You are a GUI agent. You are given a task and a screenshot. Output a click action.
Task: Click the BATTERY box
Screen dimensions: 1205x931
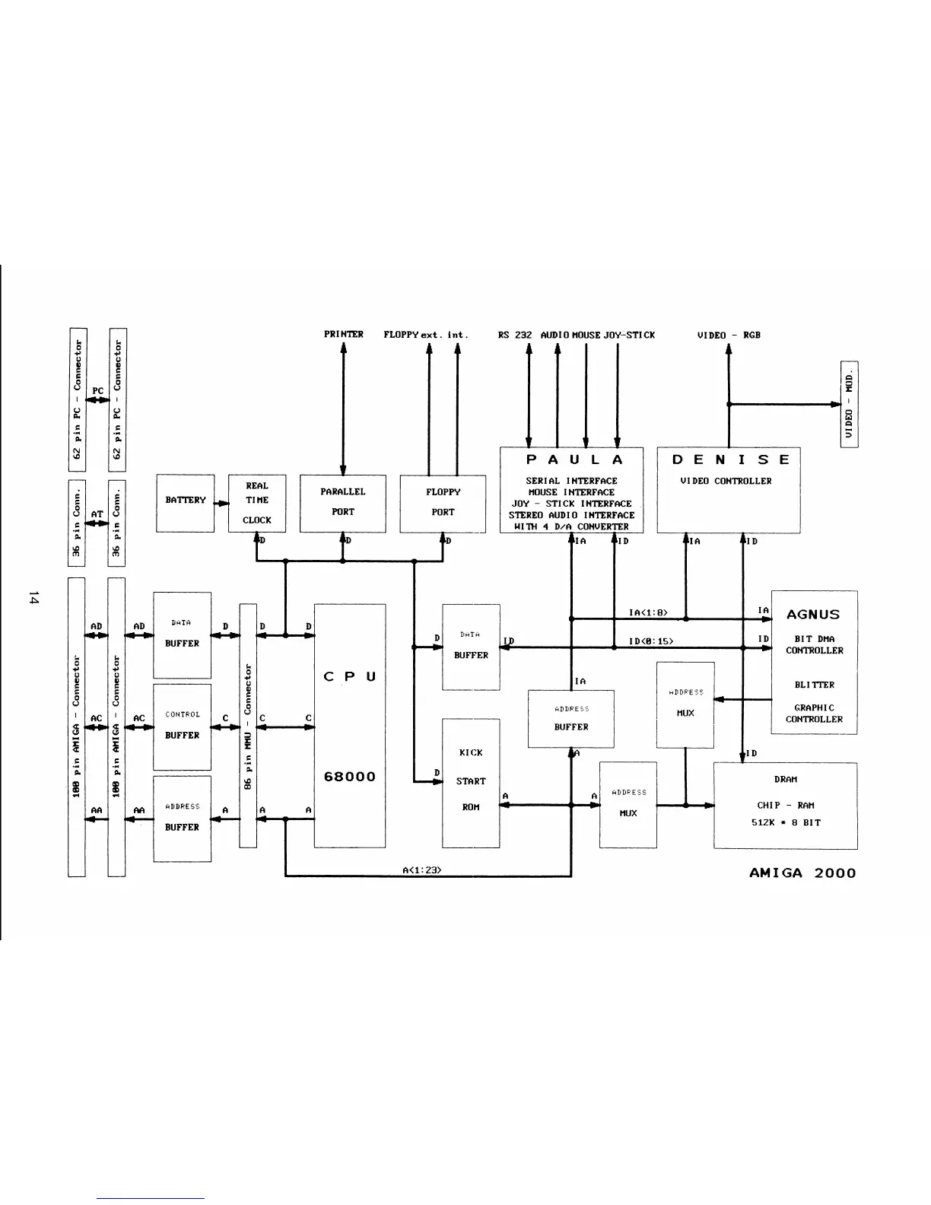[x=185, y=502]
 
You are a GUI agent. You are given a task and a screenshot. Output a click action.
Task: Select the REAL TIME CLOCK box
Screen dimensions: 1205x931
[x=256, y=502]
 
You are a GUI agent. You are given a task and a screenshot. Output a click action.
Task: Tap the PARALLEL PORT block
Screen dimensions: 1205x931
[x=342, y=503]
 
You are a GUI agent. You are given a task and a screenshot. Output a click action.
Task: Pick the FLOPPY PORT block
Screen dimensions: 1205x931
[x=443, y=503]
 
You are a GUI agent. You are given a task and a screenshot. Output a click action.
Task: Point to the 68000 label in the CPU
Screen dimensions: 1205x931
[x=349, y=777]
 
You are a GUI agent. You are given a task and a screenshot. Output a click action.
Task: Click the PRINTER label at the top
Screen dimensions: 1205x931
[x=343, y=335]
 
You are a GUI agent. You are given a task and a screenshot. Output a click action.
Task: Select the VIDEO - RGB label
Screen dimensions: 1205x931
[x=729, y=335]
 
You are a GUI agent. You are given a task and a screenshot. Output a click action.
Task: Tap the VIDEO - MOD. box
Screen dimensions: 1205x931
[x=849, y=404]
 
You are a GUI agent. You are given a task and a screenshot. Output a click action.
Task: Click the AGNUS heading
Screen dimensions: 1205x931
[x=813, y=614]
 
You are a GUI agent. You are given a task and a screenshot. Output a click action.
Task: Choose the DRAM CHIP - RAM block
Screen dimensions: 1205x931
[x=785, y=805]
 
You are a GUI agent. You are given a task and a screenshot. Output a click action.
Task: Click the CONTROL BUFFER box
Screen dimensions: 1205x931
[x=182, y=726]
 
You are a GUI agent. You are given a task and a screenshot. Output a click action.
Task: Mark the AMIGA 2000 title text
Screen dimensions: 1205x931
[x=802, y=873]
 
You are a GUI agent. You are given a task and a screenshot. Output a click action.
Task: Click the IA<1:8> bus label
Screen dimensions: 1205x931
[x=648, y=612]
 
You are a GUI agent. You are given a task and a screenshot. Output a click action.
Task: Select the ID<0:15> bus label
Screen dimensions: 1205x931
[x=650, y=641]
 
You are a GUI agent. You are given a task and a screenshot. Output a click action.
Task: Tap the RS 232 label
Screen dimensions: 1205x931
[x=515, y=335]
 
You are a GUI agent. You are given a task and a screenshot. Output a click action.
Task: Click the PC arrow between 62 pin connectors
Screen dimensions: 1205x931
[x=97, y=399]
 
